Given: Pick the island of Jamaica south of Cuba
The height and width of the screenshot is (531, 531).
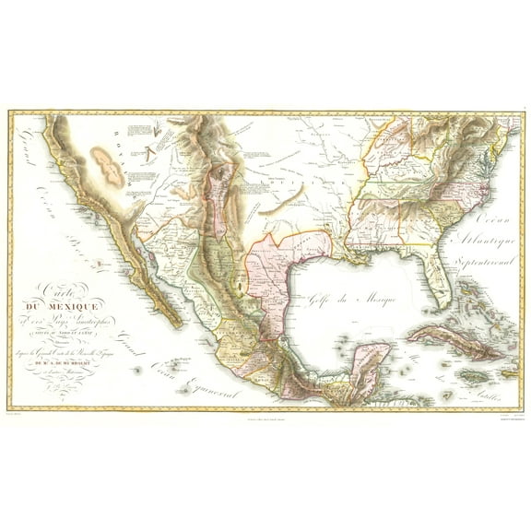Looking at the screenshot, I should pos(449,366).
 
